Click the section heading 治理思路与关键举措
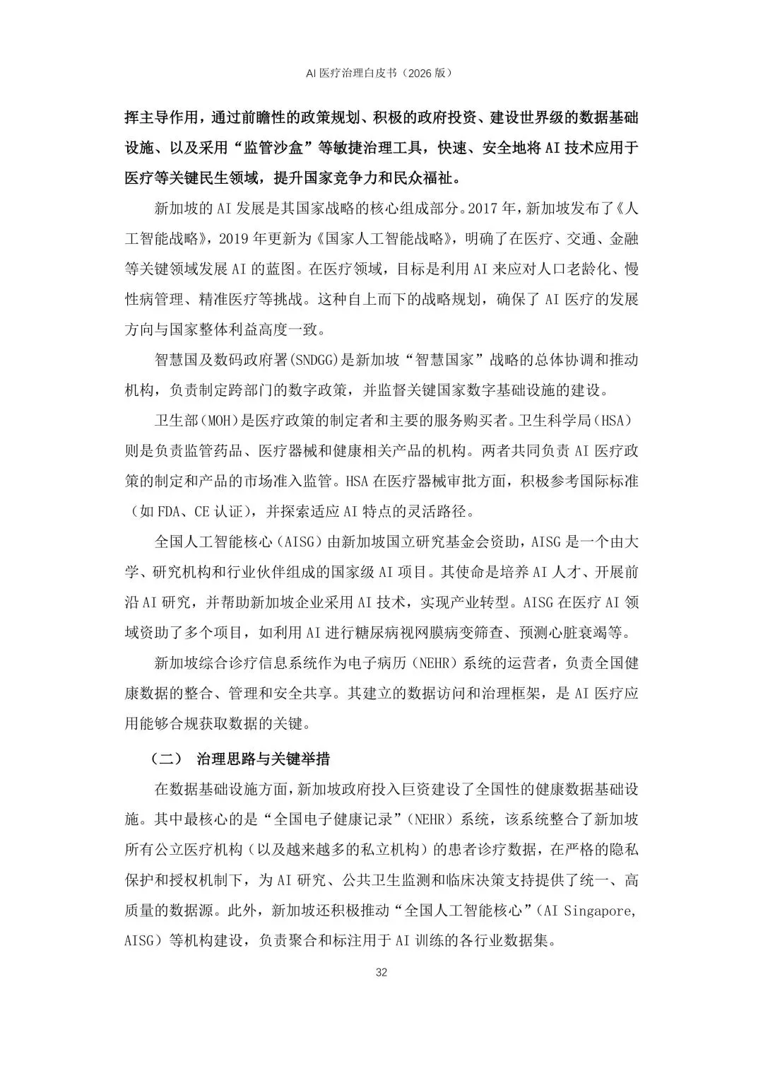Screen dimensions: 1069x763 [x=263, y=759]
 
